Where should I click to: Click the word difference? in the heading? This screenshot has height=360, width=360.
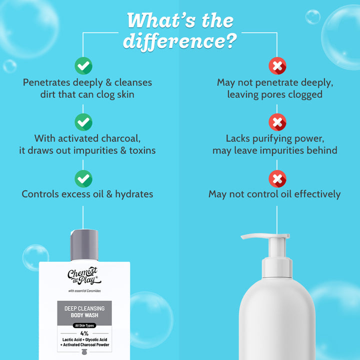180,41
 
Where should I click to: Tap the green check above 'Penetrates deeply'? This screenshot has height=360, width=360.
83,65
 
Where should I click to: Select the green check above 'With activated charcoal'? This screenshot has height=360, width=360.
83,122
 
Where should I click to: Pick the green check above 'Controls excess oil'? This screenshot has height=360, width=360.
83,178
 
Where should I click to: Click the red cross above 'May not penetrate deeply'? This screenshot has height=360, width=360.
277,65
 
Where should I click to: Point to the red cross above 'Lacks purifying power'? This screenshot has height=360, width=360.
277,122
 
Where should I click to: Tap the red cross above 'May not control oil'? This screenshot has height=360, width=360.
277,178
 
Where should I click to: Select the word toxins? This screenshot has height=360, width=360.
142,150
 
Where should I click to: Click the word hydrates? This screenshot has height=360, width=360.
134,194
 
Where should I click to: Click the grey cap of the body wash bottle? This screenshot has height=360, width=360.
84,244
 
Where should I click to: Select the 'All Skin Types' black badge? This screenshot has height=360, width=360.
84,325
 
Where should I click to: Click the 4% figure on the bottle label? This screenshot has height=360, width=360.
84,333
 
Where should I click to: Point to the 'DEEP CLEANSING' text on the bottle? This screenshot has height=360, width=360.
84,308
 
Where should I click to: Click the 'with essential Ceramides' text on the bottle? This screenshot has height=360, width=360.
84,291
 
